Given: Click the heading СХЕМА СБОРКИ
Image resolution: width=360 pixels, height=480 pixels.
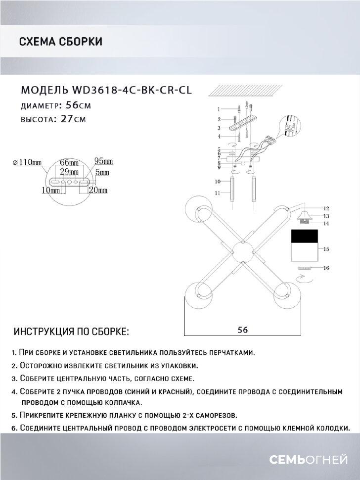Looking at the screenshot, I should tap(60, 42).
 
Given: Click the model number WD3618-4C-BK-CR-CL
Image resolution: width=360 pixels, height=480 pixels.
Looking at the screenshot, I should tap(132, 90).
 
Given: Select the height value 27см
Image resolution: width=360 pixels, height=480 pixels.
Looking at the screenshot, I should tap(72, 119).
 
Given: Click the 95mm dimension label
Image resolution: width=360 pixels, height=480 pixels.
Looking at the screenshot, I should tap(103, 161).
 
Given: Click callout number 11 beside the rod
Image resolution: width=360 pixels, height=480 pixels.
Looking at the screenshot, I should tap(217, 194).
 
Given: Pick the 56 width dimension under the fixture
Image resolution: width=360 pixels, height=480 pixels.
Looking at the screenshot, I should tap(242, 329).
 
